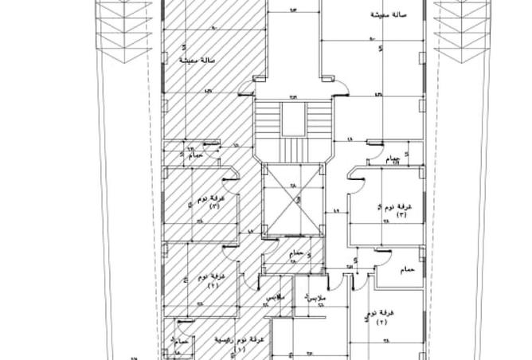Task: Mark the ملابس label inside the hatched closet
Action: [272, 295]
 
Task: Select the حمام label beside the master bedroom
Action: [181, 340]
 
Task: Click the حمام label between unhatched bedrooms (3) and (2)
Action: [406, 271]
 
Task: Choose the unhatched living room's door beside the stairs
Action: [330, 80]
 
